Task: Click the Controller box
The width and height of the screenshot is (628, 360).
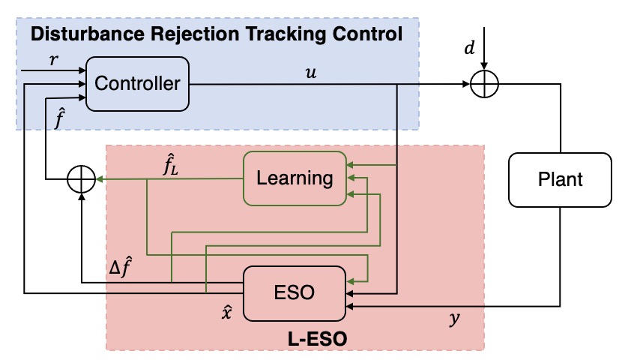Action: point(138,82)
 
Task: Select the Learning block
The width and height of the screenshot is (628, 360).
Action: point(295,178)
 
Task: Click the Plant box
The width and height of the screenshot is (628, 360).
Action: point(560,179)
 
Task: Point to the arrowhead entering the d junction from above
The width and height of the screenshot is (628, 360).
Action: point(485,67)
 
